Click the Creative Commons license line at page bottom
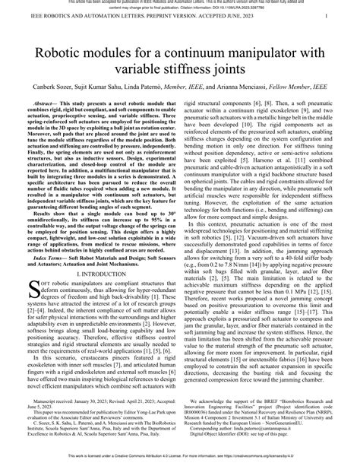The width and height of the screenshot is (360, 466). (x=180, y=461)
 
